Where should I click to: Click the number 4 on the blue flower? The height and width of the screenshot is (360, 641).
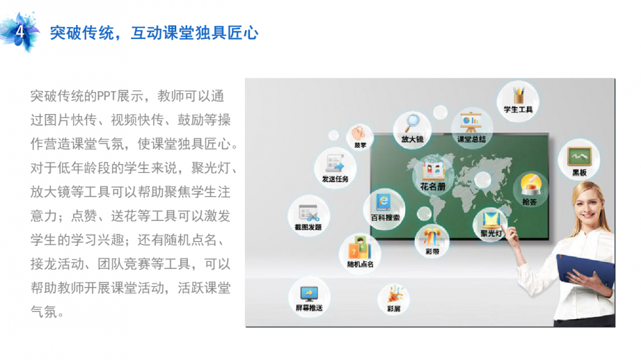(20, 31)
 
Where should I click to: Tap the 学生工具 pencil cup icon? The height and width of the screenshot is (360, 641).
(519, 95)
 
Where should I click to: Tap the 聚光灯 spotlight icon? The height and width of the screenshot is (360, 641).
(491, 220)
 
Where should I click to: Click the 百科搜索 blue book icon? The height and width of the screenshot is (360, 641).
(383, 202)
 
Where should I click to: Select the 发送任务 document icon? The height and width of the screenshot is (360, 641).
(335, 164)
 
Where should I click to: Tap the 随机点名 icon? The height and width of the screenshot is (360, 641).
(360, 248)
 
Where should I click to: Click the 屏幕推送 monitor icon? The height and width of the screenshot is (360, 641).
(309, 294)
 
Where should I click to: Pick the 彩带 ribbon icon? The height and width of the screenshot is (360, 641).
(431, 238)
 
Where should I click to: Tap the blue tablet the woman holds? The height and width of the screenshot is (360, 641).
(585, 270)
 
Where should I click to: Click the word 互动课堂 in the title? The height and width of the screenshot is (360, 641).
(163, 33)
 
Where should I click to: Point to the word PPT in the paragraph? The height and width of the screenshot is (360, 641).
(106, 97)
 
